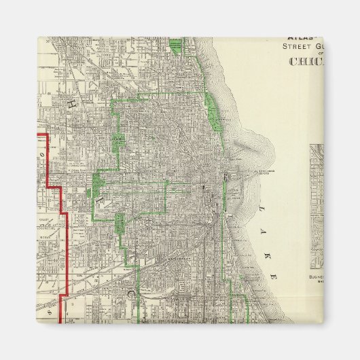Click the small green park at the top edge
tap(176, 46)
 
